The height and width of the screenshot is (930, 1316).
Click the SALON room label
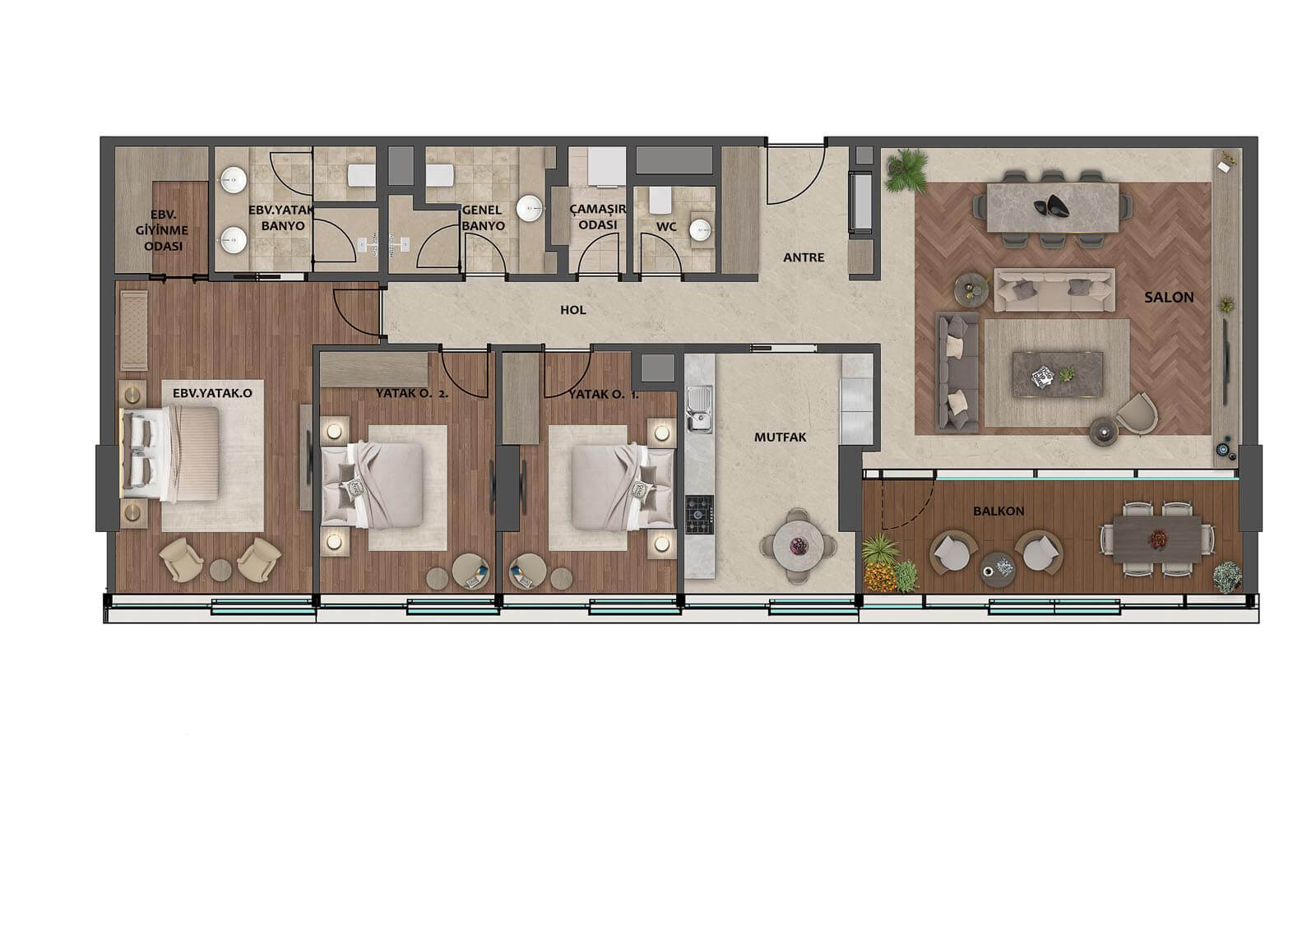(1169, 298)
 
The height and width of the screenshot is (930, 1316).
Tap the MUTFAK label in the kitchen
(781, 437)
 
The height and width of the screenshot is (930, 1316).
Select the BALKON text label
(999, 511)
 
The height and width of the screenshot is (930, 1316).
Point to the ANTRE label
(804, 257)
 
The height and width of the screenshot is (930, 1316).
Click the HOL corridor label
(572, 310)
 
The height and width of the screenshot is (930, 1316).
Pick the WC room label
(666, 227)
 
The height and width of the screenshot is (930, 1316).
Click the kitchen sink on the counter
(699, 409)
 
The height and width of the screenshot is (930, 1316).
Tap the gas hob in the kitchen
(700, 515)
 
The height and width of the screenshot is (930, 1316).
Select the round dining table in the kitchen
(799, 546)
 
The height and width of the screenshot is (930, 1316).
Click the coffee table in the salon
(1058, 374)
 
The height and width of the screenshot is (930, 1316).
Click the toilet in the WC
(660, 201)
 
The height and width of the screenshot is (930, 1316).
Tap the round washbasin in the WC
(700, 229)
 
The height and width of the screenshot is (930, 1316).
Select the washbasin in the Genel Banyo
(530, 209)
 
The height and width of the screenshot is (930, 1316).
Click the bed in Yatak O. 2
(373, 484)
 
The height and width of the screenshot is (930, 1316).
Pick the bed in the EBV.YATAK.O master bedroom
(170, 455)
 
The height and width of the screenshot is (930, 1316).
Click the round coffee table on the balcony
(998, 569)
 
